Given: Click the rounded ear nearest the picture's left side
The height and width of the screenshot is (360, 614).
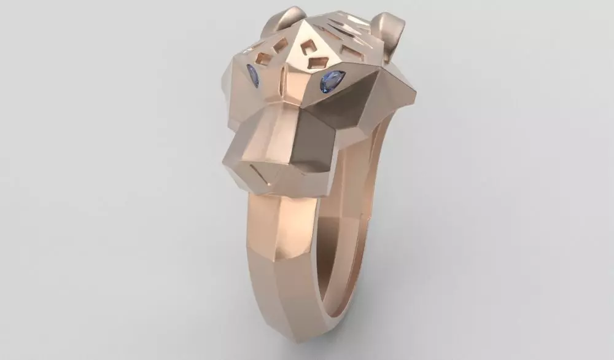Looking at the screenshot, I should tap(283, 18).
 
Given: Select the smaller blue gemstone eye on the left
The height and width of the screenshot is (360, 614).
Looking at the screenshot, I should tap(252, 75).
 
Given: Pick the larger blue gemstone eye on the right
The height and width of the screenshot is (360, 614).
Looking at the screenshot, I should tap(332, 80).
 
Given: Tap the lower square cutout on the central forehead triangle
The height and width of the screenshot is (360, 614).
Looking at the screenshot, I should tap(319, 62).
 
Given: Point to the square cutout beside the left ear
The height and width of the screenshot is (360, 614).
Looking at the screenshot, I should tap(280, 44).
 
